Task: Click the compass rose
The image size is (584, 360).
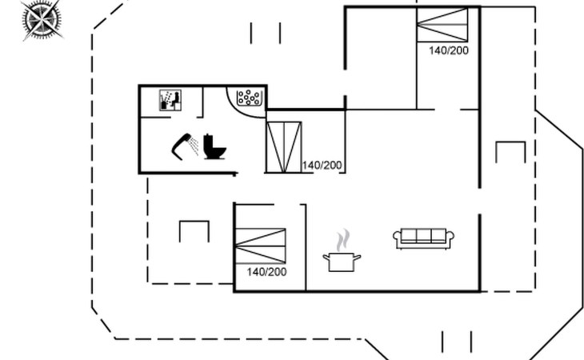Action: point(41,19)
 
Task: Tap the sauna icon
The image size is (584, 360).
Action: point(170,100)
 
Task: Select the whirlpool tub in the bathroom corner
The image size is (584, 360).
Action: point(249,98)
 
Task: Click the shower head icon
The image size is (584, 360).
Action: point(185,146)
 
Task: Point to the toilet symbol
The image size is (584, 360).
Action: point(214,146)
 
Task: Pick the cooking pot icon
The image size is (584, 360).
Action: point(342,262)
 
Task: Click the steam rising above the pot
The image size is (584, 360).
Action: point(343,240)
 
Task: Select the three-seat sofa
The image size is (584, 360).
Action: point(423,238)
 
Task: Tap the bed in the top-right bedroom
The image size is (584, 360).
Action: point(442,25)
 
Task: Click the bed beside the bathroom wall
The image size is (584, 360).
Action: point(284,147)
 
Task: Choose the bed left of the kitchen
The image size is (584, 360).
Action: point(261,246)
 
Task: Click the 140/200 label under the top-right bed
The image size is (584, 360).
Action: point(449,50)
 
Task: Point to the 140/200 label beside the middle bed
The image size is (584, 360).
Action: point(322,165)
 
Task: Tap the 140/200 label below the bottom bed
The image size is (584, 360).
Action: point(266,272)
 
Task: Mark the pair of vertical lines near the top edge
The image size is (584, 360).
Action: point(266,33)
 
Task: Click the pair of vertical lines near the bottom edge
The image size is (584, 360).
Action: point(457,342)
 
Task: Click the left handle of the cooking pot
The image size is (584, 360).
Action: point(326,258)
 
